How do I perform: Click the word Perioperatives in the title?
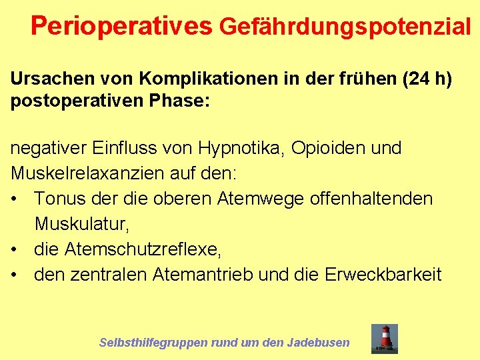pos(121,26)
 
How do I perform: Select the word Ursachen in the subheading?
pos(50,79)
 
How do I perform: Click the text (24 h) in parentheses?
pos(427,79)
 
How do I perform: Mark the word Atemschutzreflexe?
pos(142,249)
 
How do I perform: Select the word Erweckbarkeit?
pos(383,274)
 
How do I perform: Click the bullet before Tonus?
pos(15,199)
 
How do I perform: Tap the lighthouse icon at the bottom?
pos(385,338)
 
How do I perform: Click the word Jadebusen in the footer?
pos(318,343)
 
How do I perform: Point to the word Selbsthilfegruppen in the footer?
pos(153,343)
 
